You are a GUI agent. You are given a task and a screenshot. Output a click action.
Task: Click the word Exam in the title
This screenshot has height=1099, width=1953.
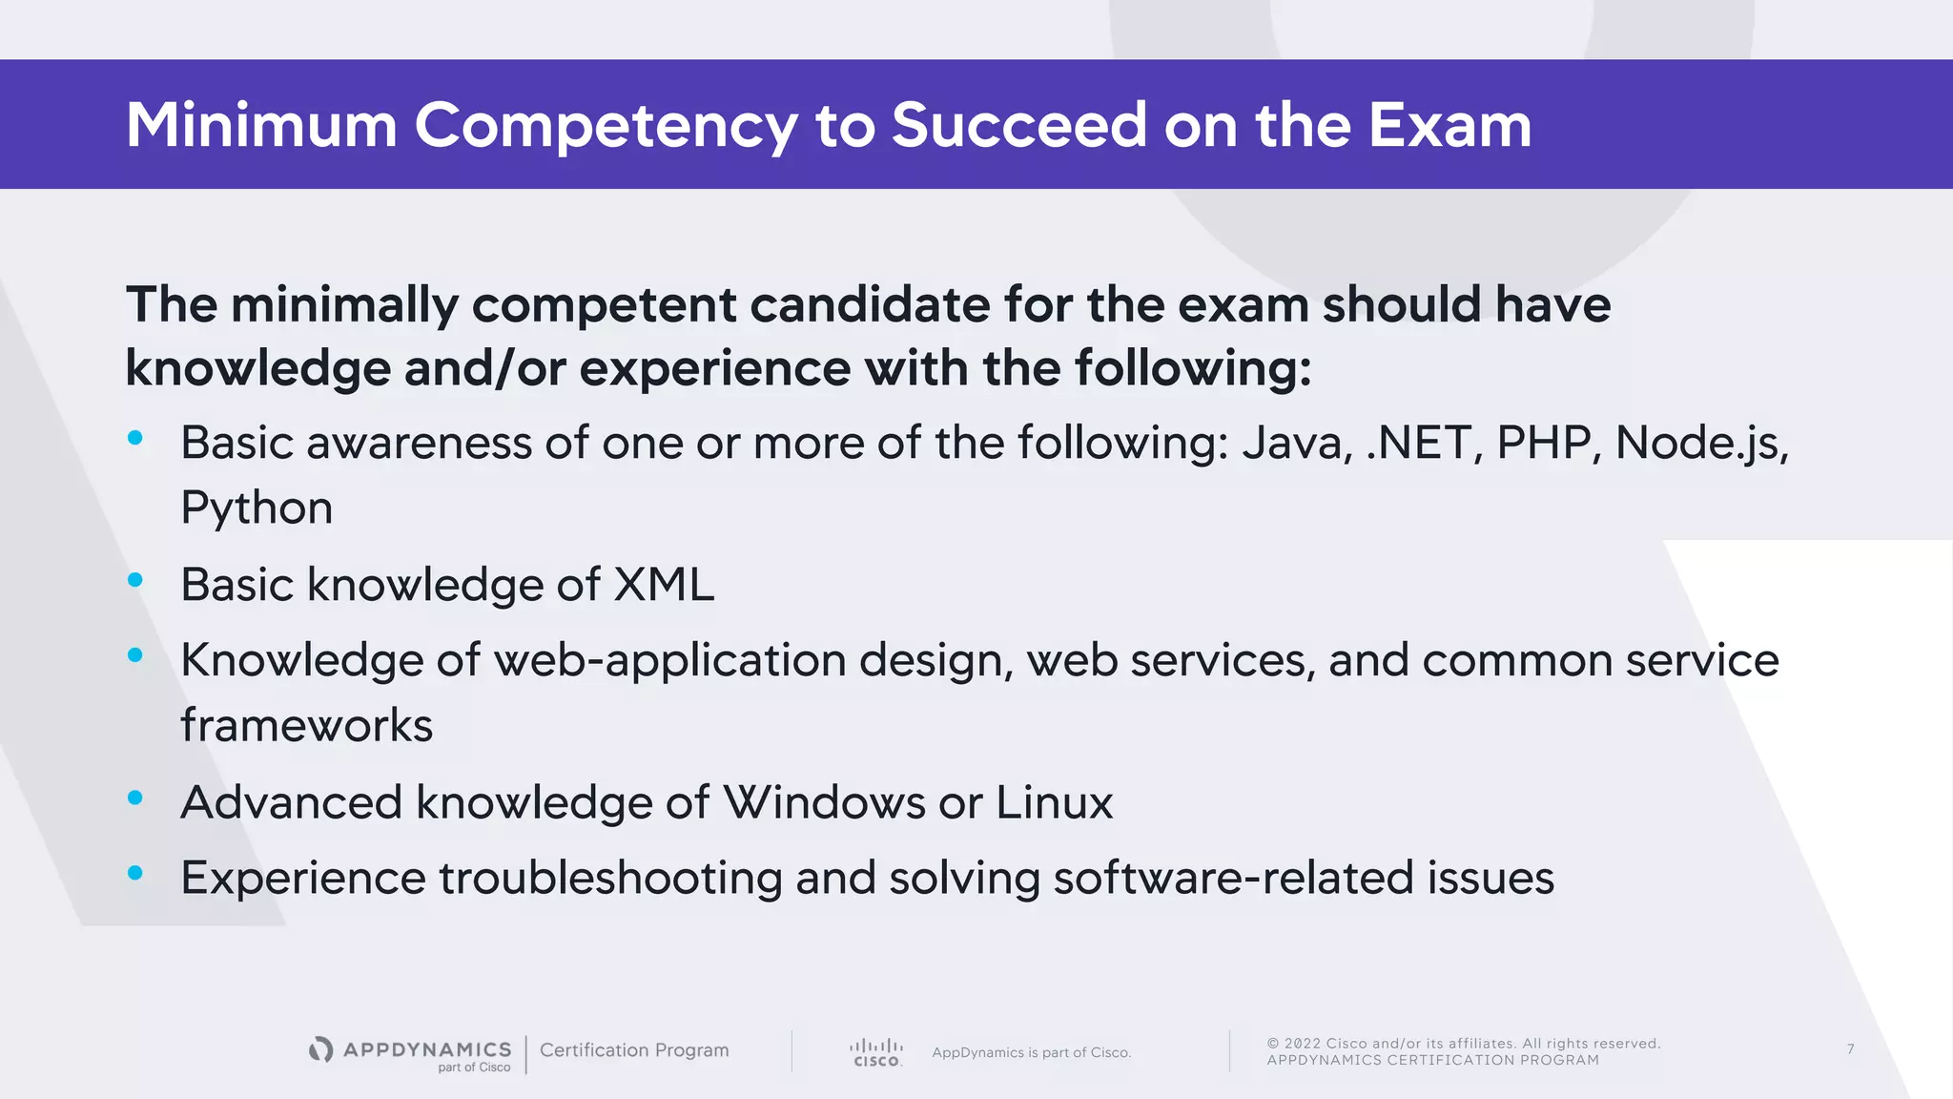1449,125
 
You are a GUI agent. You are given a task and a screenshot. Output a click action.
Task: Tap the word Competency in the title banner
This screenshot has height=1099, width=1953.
606,127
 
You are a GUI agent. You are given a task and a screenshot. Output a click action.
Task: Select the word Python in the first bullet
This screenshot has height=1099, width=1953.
257,508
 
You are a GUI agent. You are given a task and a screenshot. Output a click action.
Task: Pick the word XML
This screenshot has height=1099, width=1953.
664,585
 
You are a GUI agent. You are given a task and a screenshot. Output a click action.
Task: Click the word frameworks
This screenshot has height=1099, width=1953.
306,725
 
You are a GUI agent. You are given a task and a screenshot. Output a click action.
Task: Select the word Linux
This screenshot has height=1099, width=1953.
1054,802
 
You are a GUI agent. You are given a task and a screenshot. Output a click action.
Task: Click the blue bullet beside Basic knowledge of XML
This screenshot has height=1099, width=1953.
135,580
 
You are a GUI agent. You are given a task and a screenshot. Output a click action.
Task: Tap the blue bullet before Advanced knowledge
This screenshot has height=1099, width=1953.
135,798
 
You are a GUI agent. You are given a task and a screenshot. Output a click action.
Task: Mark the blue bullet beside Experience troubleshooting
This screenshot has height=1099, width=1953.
135,873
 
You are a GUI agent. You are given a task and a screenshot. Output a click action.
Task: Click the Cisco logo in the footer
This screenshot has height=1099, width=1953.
876,1052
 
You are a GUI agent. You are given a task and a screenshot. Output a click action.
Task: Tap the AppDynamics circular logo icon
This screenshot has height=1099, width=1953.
321,1049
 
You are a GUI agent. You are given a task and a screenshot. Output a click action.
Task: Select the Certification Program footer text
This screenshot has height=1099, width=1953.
634,1050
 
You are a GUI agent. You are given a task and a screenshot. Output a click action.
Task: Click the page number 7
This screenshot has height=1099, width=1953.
1850,1049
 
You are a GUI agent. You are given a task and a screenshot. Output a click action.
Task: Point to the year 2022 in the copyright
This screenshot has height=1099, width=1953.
1302,1044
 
